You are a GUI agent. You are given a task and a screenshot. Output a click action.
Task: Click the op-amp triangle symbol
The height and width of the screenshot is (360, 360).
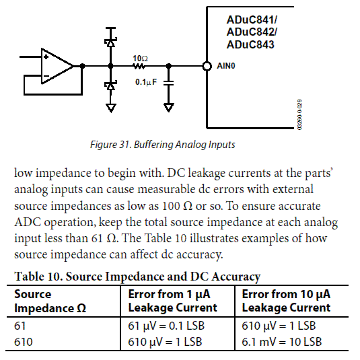57,66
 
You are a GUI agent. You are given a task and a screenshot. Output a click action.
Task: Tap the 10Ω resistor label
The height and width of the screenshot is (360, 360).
140,59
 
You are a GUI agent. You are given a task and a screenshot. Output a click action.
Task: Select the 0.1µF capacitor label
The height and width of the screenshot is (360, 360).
146,82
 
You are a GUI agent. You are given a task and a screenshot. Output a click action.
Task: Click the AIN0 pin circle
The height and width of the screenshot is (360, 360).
207,66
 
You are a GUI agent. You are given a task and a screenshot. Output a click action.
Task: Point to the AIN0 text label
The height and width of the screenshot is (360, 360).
226,66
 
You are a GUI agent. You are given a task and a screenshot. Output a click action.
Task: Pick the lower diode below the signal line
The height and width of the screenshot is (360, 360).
111,85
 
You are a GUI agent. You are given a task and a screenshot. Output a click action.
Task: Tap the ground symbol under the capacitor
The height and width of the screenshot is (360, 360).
169,108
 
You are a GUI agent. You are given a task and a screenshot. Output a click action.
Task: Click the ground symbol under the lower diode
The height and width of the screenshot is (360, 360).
111,108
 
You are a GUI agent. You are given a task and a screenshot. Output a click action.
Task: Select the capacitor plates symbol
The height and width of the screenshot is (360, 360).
169,83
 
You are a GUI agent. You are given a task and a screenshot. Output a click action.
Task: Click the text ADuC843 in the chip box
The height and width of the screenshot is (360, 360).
250,44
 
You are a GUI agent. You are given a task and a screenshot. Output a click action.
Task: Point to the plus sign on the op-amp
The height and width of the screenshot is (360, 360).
46,57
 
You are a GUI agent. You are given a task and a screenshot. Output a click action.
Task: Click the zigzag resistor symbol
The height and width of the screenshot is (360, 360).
139,67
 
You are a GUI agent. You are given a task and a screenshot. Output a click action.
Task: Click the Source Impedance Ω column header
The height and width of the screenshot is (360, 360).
50,301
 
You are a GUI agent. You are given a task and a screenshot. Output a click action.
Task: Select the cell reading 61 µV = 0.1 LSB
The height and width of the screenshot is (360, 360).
166,326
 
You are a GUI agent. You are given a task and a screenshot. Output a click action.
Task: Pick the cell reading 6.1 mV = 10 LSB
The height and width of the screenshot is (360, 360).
282,342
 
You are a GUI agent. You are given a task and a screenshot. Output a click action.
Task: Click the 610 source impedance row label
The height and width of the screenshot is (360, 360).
24,342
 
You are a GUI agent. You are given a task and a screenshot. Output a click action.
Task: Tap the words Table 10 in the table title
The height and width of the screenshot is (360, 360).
38,276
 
